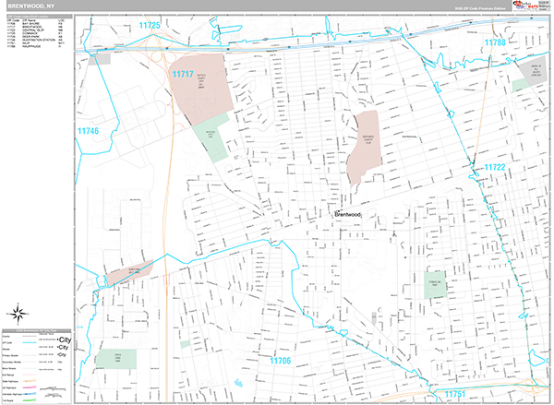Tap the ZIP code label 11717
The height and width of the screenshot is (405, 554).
pyautogui.click(x=182, y=73)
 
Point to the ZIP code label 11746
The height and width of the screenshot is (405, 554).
pyautogui.click(x=88, y=132)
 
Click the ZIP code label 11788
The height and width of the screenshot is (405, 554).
pyautogui.click(x=496, y=42)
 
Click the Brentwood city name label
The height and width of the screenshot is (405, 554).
pyautogui.click(x=348, y=215)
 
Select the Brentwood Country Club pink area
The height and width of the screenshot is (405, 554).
pyautogui.click(x=363, y=145)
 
